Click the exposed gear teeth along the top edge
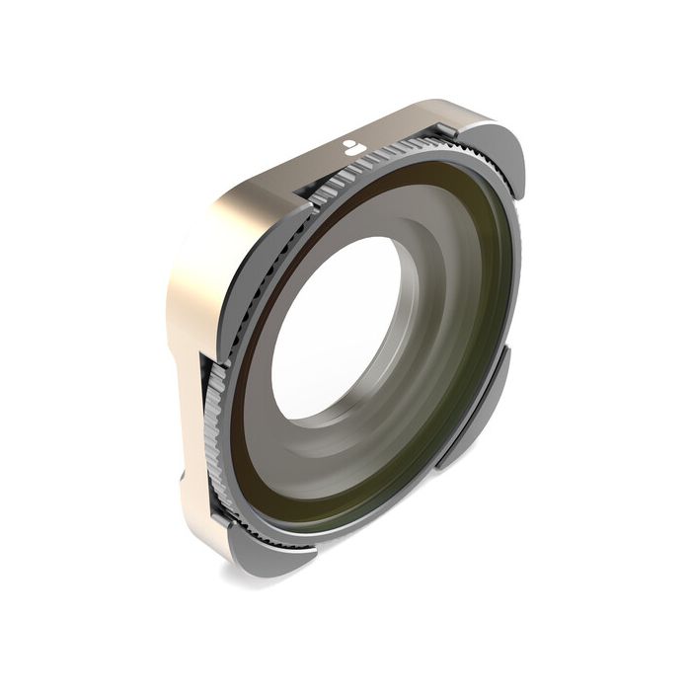pos(385,158)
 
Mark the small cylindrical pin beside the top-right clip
pos(447,130)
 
